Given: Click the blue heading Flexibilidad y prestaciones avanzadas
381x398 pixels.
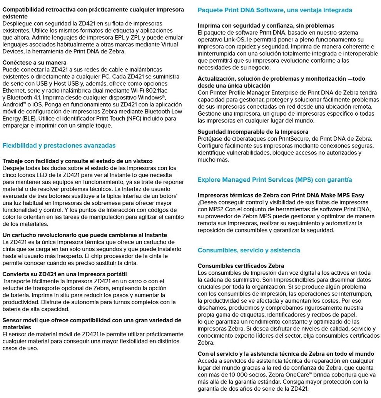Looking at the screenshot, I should (x=59, y=146).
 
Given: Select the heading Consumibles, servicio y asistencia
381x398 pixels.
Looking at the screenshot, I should (x=249, y=250).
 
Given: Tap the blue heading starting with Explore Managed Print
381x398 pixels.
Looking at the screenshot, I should (x=275, y=180).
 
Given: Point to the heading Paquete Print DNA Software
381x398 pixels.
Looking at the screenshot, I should (x=275, y=10).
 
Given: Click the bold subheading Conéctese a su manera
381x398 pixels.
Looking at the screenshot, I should (x=35, y=62).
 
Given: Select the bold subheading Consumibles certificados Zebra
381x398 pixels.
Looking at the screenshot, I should (x=241, y=266).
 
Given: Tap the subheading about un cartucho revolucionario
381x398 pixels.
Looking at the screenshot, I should (x=85, y=235).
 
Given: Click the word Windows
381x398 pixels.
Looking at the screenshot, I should (x=152, y=97).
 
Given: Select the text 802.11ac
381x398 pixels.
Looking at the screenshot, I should (x=158, y=90).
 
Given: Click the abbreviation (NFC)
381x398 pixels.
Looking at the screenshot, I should (x=129, y=118).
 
